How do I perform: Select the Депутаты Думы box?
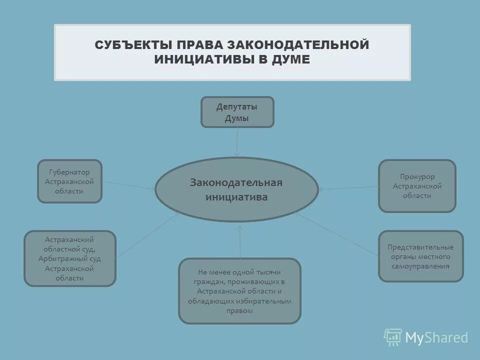point(237,112)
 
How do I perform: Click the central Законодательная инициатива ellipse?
point(236,189)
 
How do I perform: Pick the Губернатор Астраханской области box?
point(70,181)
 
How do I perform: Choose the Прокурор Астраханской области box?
point(417,186)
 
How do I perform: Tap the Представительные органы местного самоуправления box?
point(420,256)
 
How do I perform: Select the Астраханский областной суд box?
point(70,258)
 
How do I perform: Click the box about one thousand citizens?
point(239,290)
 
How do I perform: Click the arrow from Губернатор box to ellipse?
point(128,185)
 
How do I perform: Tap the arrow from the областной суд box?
point(147,234)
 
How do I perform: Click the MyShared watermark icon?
point(393,337)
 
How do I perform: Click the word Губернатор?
point(70,171)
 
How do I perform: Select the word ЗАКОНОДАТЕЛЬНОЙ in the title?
point(299,44)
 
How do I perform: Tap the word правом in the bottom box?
point(239,310)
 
